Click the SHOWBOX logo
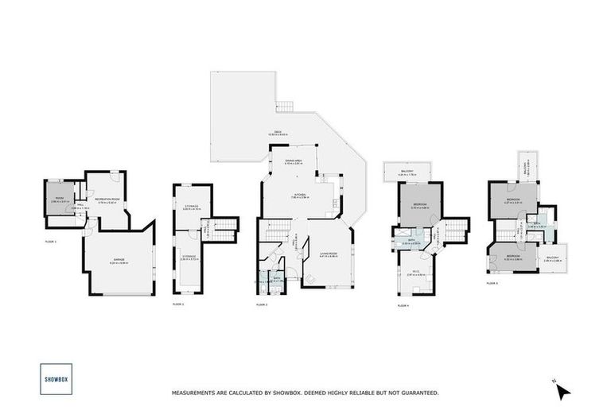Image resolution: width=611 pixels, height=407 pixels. tap(53, 378)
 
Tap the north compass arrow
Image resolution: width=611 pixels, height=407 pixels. tap(562, 390)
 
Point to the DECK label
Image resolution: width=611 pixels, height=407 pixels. tap(278, 132)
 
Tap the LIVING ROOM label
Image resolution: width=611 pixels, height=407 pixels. tap(329, 254)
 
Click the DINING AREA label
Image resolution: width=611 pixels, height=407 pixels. tap(296, 161)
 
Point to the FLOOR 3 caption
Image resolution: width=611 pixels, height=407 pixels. tap(262, 304)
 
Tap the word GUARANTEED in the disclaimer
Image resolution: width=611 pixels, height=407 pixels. tap(420, 393)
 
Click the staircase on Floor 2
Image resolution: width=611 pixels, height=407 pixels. tap(224, 228)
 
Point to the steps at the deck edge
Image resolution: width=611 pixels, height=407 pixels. tap(285, 107)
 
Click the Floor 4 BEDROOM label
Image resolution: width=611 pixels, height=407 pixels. tap(419, 204)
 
